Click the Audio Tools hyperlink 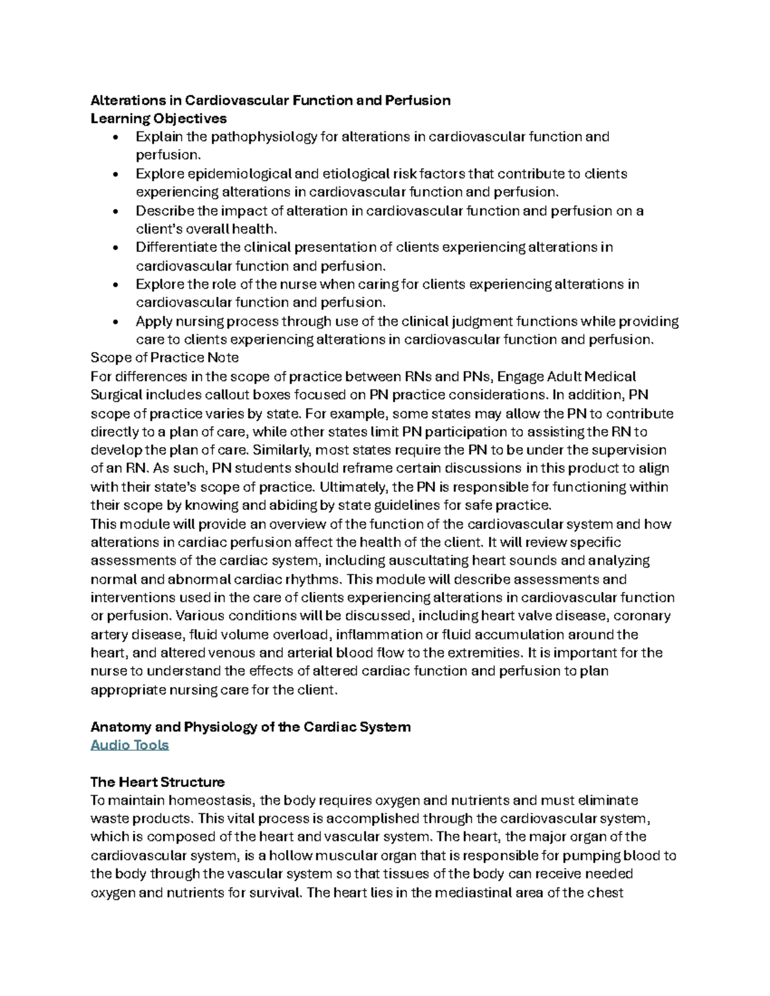[130, 745]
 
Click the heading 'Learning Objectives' [158, 119]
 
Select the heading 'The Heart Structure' [157, 782]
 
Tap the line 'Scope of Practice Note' [165, 358]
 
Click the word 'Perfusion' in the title [417, 101]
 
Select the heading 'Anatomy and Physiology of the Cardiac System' [250, 727]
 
